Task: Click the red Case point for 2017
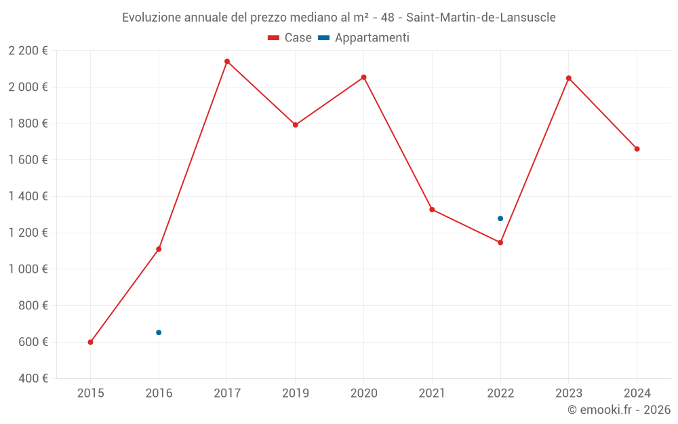pos(227,62)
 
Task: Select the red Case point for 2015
pos(90,342)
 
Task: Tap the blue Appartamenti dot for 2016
pos(159,332)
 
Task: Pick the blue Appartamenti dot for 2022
pos(500,218)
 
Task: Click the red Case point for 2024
pos(637,149)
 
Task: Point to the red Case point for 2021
pos(432,210)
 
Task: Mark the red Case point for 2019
pos(296,125)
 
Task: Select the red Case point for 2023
pos(569,78)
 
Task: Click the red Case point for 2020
pos(363,77)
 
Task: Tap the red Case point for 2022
pos(500,242)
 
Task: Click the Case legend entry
pos(290,38)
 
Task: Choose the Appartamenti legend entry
pos(364,38)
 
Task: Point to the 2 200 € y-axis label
pos(28,50)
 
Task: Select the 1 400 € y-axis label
pos(28,196)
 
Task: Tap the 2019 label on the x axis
pos(296,393)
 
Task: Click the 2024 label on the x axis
pos(637,393)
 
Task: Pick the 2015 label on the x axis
pos(90,393)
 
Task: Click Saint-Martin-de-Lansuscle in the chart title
pos(481,18)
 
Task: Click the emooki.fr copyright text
pos(619,410)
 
